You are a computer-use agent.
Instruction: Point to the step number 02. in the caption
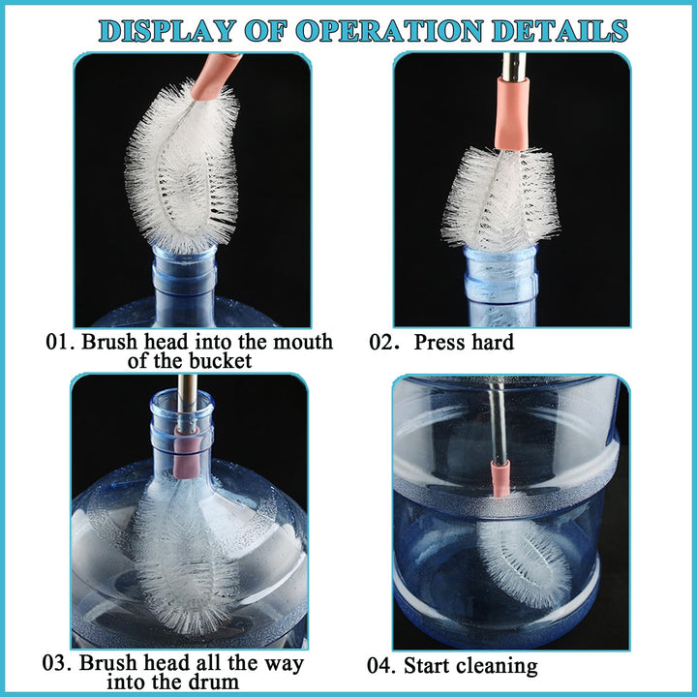385,343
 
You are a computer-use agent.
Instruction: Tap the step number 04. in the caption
384,666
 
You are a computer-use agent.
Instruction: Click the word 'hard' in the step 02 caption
491,343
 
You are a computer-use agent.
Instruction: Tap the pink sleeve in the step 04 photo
500,477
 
